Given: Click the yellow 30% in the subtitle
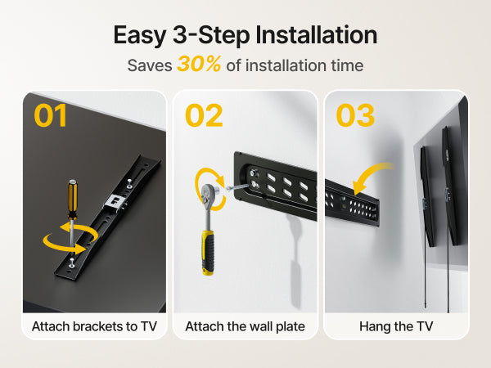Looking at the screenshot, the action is click(x=199, y=64).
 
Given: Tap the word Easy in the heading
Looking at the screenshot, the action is click(x=139, y=35).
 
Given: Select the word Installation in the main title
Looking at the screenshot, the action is click(x=316, y=34).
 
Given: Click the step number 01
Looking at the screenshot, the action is click(x=51, y=115).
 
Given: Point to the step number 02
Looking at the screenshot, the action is click(x=204, y=115).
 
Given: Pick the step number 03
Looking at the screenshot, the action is click(x=355, y=115).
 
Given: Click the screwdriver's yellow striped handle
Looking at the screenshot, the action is click(x=72, y=199).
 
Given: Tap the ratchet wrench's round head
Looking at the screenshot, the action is click(x=209, y=193).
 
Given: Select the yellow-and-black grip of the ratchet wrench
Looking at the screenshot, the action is click(x=208, y=252).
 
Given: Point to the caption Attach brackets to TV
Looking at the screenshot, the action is click(x=94, y=326).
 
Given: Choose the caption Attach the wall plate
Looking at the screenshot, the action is click(x=245, y=326).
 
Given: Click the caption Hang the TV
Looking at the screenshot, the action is click(x=396, y=326).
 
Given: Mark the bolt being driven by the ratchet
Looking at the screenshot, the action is click(x=236, y=187).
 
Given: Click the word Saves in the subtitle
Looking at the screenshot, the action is click(x=150, y=65).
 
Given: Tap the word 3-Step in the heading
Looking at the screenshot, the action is click(x=211, y=35).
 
